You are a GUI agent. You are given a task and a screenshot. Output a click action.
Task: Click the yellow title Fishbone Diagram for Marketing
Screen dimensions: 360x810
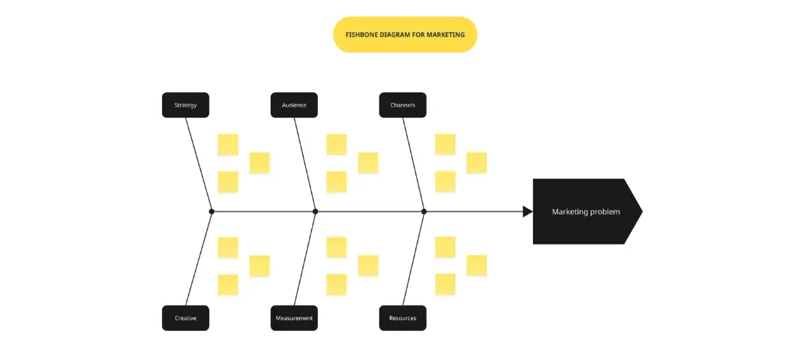405,34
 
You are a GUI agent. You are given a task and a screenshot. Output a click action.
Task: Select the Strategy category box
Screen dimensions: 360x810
185,105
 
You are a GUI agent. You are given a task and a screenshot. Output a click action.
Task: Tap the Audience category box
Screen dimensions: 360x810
294,105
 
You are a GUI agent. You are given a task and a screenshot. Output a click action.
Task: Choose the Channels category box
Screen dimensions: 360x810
403,105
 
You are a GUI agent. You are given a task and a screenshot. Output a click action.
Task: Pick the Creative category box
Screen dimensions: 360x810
185,318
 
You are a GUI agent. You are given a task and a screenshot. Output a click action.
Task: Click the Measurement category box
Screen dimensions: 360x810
294,318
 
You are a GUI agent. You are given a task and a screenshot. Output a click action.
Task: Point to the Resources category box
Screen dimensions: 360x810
403,318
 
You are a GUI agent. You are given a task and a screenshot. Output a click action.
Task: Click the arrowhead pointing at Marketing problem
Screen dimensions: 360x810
528,211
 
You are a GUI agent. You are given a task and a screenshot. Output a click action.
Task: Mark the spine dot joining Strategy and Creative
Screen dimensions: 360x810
211,211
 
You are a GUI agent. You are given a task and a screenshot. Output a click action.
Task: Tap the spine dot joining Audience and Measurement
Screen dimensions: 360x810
315,211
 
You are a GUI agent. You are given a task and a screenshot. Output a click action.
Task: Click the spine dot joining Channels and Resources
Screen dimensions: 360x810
424,211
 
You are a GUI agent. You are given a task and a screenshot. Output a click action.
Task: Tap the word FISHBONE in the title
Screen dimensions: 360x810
360,34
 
